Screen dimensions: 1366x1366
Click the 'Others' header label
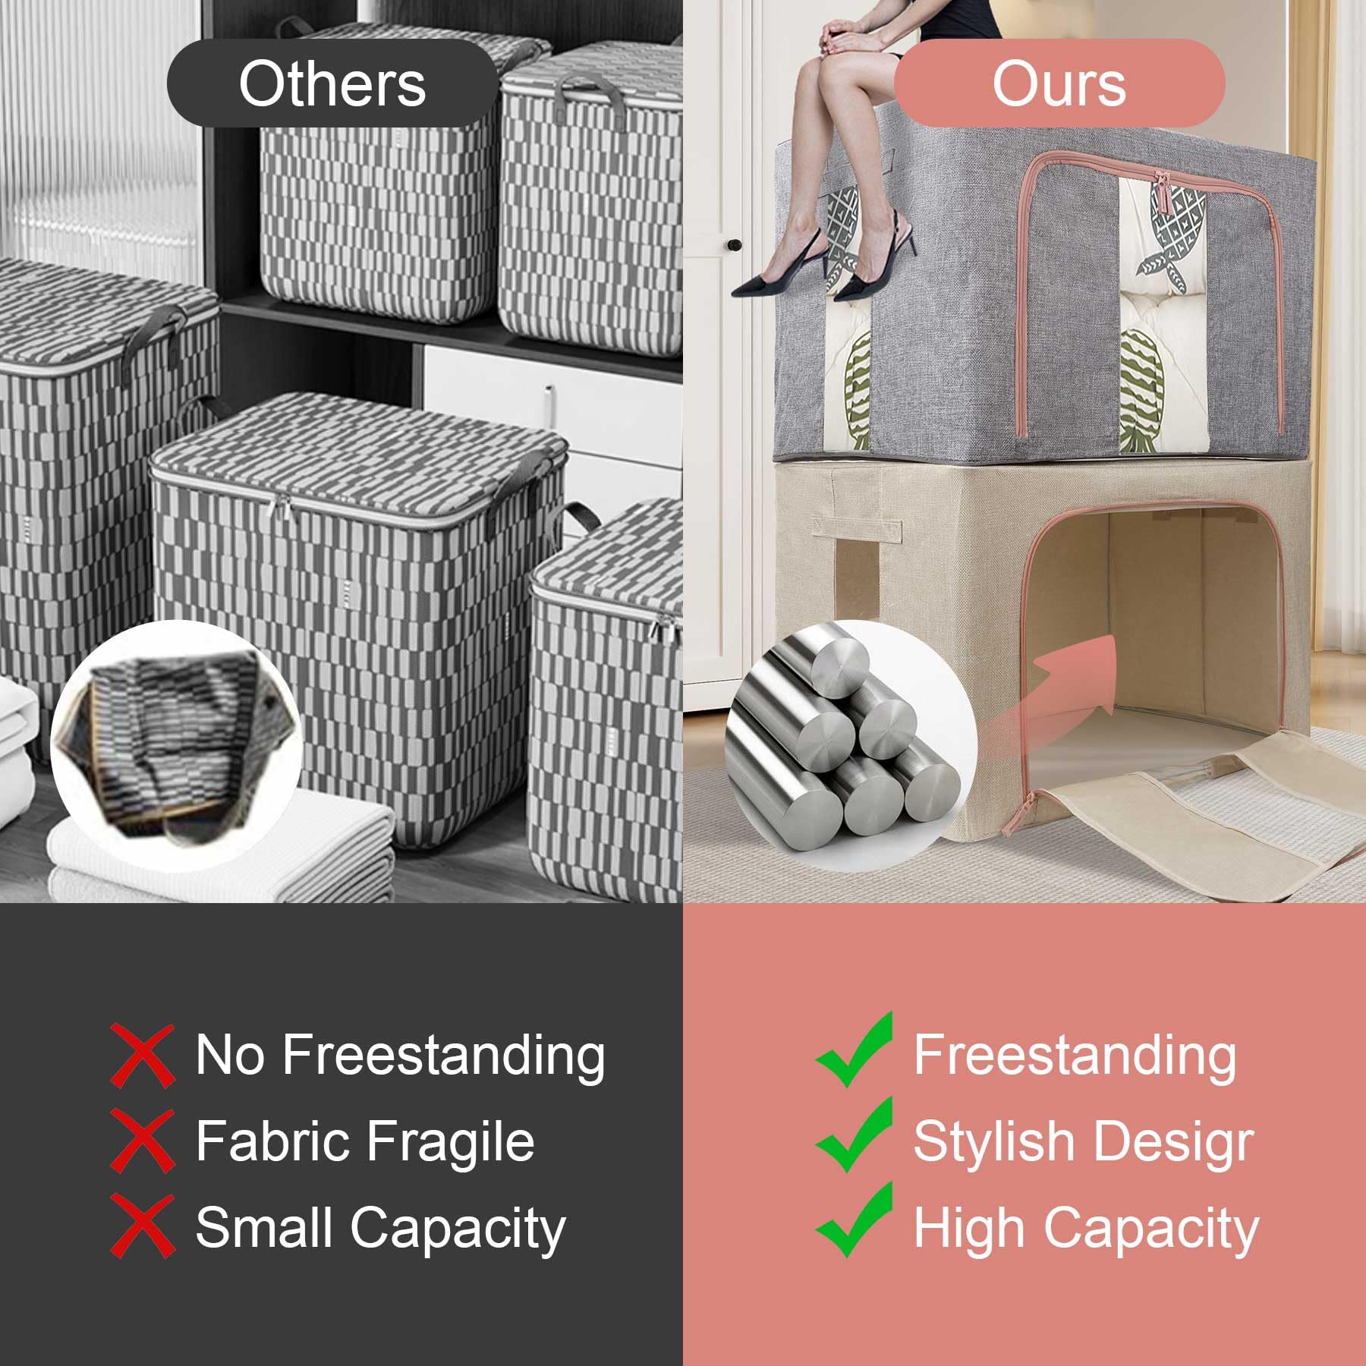coord(332,83)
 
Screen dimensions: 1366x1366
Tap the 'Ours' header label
coord(1059,83)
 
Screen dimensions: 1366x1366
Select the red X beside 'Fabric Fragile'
coord(142,1140)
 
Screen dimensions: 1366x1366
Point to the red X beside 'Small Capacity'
coord(142,1226)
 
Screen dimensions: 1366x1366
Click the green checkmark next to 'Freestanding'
coord(854,1051)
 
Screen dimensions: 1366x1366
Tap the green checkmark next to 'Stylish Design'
coord(854,1136)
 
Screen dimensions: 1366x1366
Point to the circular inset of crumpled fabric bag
coord(177,745)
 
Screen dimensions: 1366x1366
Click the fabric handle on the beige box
coord(857,527)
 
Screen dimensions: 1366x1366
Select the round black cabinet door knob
coord(734,244)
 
